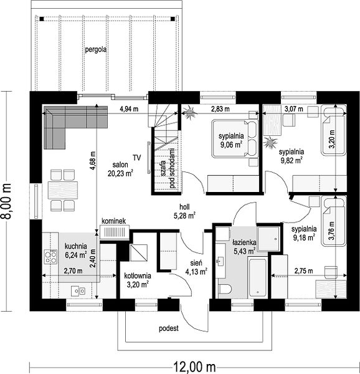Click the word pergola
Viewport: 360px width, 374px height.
tap(96, 50)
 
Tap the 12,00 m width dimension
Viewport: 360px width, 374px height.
tap(194, 367)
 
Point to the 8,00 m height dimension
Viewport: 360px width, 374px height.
tap(6, 201)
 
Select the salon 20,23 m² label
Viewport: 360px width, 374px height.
tap(120, 169)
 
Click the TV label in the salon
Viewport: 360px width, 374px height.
tap(137, 158)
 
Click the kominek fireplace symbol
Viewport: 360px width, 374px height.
tap(115, 232)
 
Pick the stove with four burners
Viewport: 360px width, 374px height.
tap(50, 257)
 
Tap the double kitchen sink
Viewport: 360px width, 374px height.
tap(78, 291)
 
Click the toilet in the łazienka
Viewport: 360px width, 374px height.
tap(225, 289)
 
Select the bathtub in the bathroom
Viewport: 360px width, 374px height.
tap(258, 277)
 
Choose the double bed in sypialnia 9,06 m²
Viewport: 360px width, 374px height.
tap(235, 138)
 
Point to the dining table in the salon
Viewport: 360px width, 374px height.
tap(63, 190)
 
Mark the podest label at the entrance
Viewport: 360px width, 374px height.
tap(169, 328)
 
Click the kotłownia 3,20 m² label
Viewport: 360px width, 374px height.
tap(138, 280)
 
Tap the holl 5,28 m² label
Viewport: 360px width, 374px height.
tap(184, 211)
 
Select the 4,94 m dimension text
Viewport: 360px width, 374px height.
tap(129, 109)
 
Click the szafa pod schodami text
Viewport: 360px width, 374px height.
tap(168, 169)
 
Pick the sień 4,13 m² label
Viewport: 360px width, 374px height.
tap(196, 267)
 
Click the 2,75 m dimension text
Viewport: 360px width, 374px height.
tap(303, 271)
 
